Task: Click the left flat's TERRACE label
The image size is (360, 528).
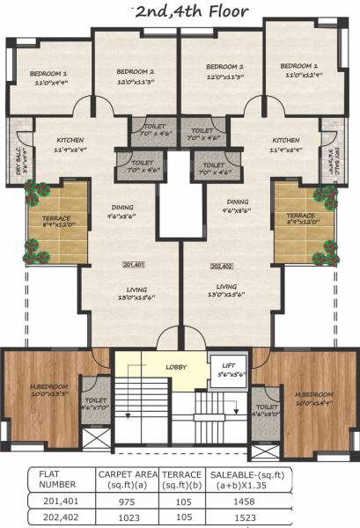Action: click(x=55, y=216)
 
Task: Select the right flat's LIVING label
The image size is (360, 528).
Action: click(x=226, y=287)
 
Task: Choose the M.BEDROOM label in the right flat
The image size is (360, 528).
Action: click(x=312, y=393)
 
